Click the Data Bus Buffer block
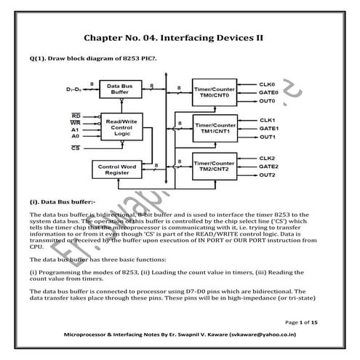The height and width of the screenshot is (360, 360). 121,89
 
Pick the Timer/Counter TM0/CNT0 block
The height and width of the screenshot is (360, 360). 214,92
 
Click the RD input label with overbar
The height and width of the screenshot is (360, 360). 76,116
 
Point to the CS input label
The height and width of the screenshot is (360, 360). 76,148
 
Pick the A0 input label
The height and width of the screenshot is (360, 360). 76,136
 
